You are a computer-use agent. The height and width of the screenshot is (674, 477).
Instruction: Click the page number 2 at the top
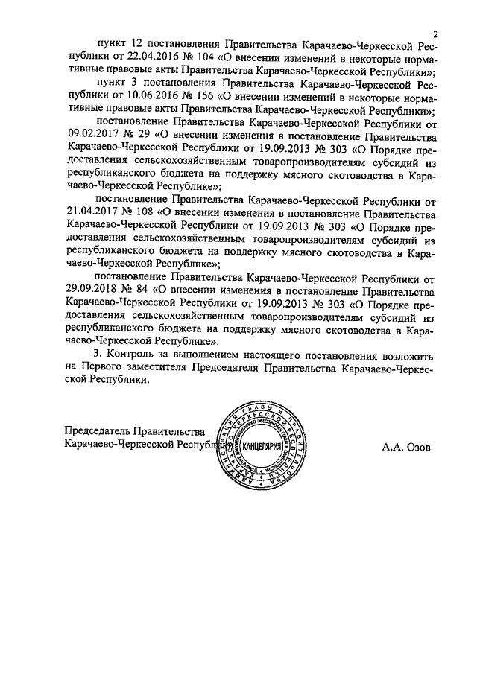[x=437, y=32]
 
